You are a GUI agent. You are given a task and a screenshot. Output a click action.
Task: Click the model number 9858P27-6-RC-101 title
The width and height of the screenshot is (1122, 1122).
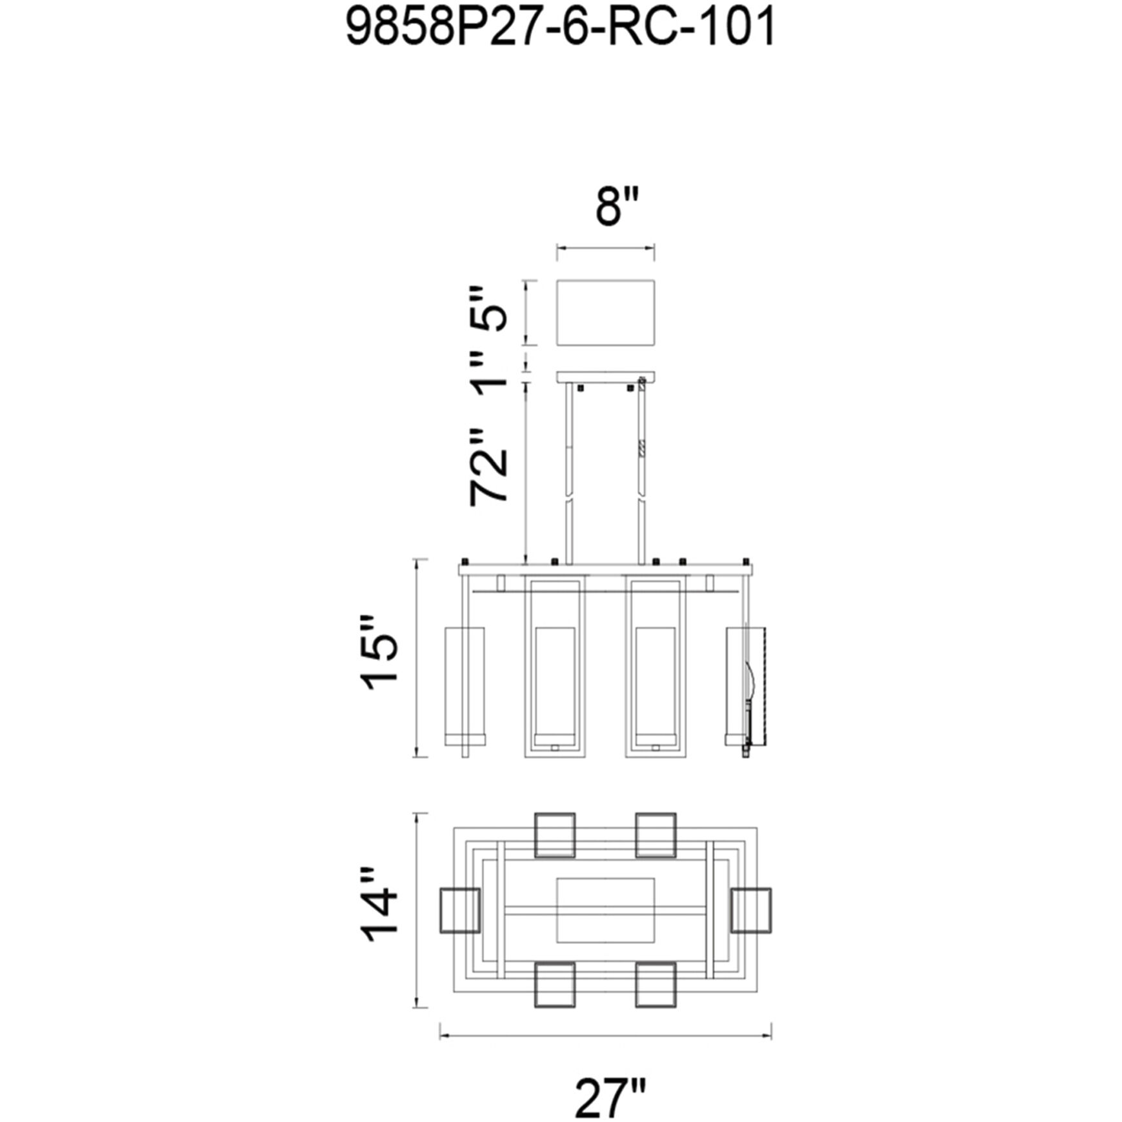point(560,28)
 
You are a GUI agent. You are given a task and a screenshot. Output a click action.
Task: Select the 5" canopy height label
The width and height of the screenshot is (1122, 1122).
point(488,308)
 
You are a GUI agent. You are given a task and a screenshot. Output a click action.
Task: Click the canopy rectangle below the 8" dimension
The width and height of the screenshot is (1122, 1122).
point(606,313)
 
